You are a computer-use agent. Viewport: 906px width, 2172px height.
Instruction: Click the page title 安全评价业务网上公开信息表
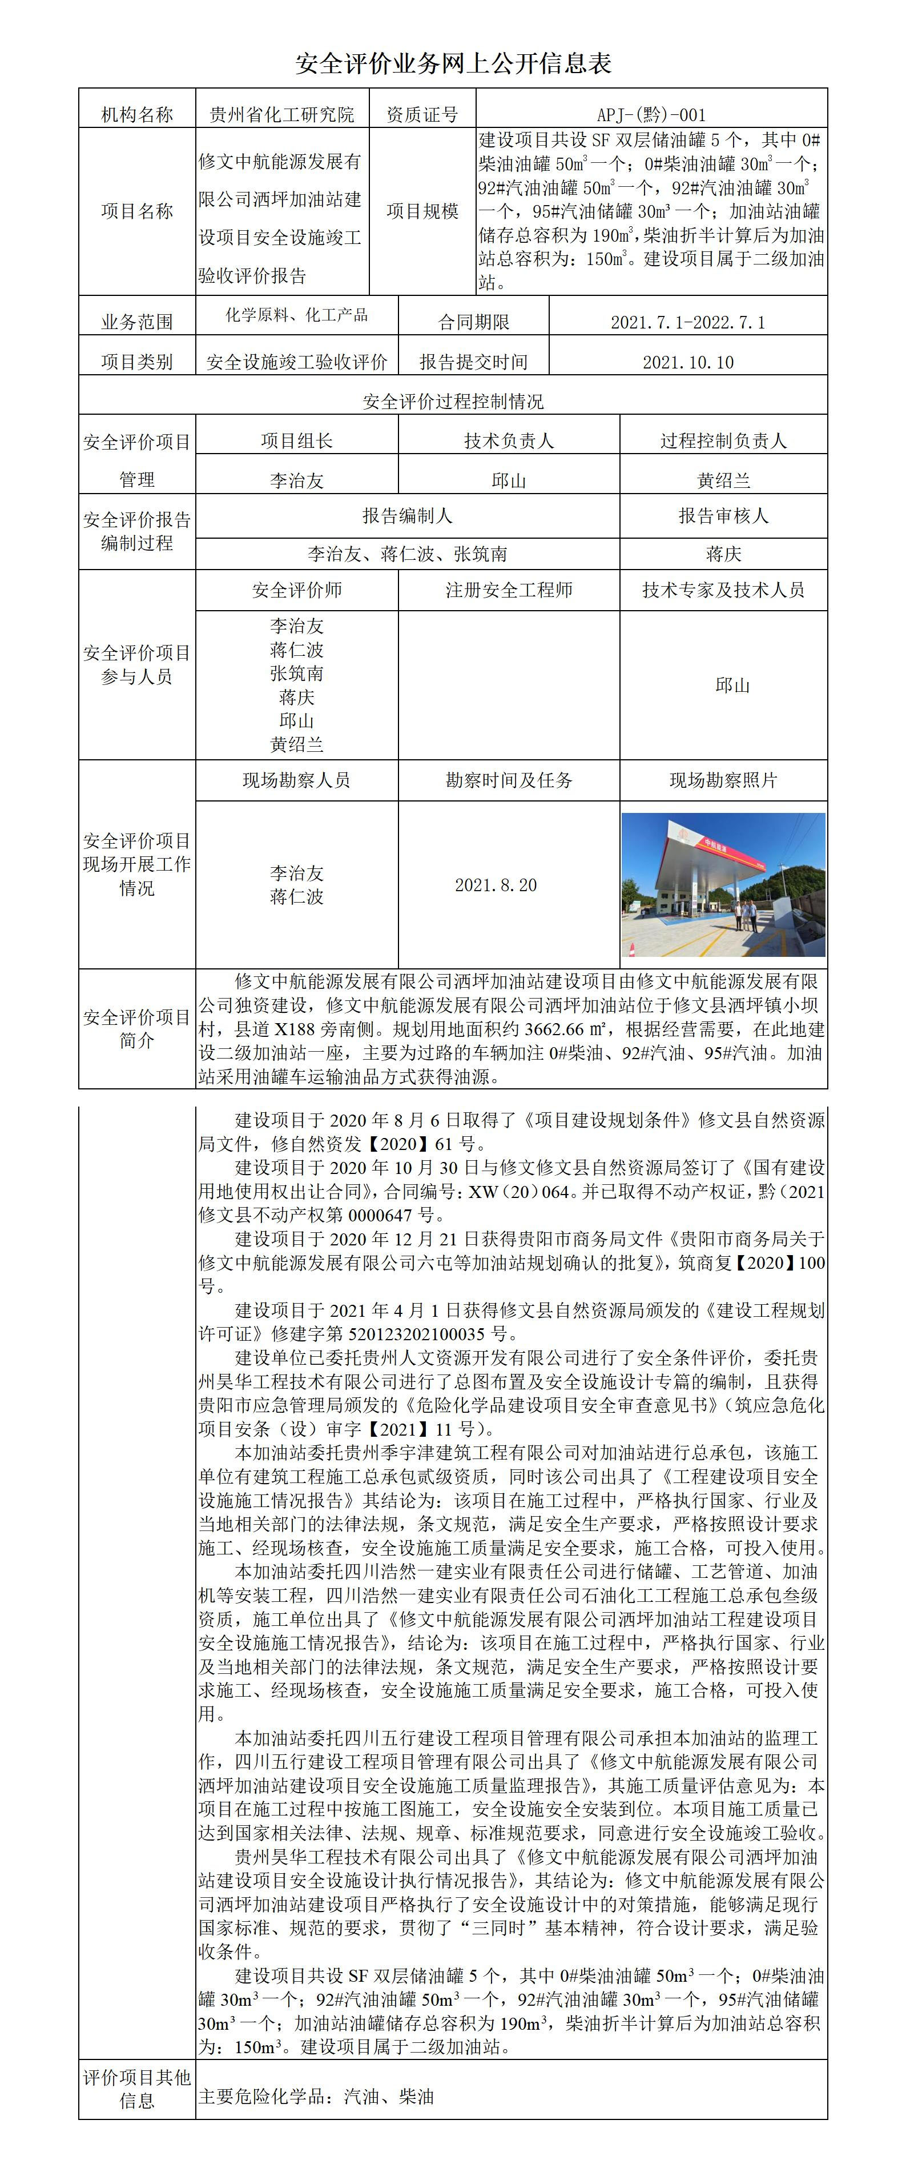453,64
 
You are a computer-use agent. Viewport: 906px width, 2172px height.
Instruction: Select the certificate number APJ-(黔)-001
651,115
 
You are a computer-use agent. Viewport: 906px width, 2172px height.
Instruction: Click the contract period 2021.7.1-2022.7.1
688,322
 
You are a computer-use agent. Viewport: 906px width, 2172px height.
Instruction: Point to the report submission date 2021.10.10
688,363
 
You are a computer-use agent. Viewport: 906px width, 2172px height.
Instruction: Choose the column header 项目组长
297,441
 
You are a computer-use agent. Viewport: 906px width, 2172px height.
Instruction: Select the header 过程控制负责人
723,441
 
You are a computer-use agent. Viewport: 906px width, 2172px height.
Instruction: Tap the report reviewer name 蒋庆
723,554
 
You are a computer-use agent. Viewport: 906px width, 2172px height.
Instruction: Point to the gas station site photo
723,884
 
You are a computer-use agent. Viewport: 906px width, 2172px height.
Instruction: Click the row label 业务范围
136,322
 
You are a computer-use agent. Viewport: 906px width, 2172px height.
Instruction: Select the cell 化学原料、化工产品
297,315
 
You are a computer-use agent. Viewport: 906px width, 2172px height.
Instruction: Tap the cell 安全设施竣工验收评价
297,363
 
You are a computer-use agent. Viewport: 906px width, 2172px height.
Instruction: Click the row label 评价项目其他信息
136,2089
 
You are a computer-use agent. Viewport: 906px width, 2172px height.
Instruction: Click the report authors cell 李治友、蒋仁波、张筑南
407,554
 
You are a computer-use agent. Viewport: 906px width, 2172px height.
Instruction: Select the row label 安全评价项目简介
136,1029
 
